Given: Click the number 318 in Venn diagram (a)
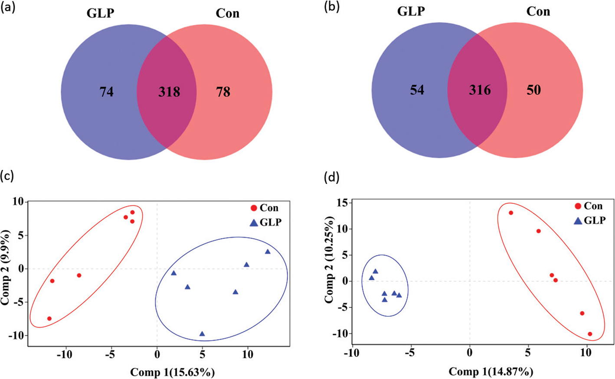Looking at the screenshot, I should [169, 92].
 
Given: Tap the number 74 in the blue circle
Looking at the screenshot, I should [107, 92].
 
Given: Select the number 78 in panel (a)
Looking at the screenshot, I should [223, 92].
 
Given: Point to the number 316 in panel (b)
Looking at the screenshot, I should [480, 90].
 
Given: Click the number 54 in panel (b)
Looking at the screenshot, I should [417, 90].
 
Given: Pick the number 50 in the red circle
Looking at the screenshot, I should [533, 90].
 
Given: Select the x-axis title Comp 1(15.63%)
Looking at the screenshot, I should [172, 372].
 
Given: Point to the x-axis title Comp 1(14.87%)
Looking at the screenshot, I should [491, 371].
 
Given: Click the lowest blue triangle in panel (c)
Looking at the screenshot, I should [202, 334].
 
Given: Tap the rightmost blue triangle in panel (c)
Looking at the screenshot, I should [268, 252].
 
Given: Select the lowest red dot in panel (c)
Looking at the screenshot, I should [49, 319].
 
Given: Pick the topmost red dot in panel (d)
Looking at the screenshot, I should [511, 213].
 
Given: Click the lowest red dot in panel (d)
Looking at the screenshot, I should [590, 334].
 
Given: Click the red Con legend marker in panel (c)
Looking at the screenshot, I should [254, 208].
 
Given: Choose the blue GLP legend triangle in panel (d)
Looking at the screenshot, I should [578, 220].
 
